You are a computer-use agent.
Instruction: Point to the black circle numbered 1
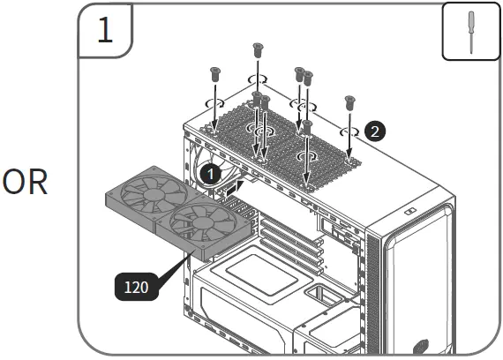(209, 174)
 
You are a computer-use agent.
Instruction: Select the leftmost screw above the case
(214, 76)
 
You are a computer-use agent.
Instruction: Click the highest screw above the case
(258, 50)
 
